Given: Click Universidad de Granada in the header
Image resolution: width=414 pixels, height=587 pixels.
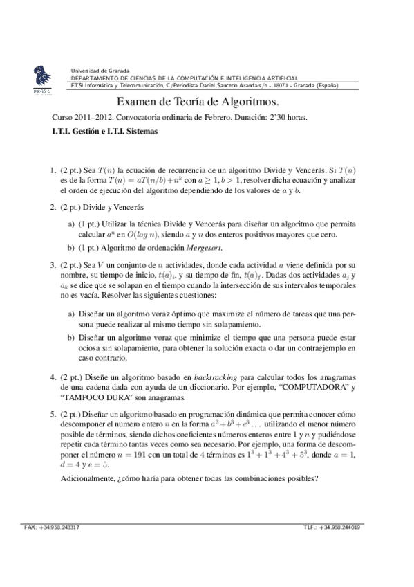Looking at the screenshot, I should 100,71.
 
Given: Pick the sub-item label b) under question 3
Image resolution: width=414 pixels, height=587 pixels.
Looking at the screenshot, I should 71,338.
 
